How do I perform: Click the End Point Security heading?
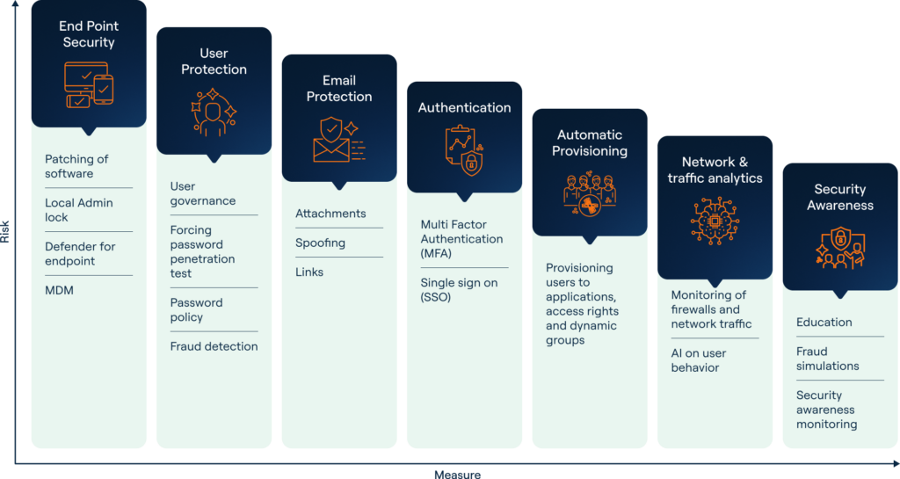[x=88, y=34]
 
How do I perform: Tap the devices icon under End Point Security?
[x=89, y=85]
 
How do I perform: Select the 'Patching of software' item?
[x=76, y=166]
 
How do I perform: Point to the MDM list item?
[x=60, y=290]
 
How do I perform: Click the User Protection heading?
[x=214, y=62]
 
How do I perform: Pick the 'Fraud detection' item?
[x=214, y=346]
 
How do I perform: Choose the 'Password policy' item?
[x=197, y=309]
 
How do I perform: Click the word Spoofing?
[x=320, y=243]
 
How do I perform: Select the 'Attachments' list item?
[x=330, y=214]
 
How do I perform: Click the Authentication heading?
[x=464, y=107]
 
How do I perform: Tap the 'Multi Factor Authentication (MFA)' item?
[x=461, y=238]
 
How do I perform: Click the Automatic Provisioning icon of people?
[x=589, y=193]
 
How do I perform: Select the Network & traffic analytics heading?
[x=715, y=170]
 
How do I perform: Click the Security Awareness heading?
[x=840, y=197]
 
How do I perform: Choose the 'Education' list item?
[x=824, y=323]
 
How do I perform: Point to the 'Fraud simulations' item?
[x=828, y=359]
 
